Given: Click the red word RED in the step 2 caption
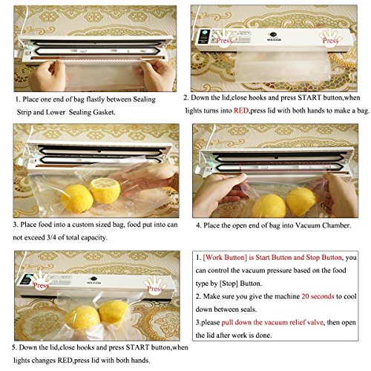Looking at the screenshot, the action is (x=241, y=111).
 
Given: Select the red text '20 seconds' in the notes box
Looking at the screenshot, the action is (x=318, y=296).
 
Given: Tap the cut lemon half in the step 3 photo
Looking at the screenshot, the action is (x=105, y=191).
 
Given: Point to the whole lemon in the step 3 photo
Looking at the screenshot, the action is (x=77, y=199).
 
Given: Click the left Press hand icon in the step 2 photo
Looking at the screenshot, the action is (x=224, y=37).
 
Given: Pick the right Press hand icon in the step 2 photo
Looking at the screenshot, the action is (x=331, y=37).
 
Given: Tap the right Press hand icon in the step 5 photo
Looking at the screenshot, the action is (x=155, y=286).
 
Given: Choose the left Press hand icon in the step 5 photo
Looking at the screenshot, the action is (x=41, y=282).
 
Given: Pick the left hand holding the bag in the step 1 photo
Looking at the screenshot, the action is (x=47, y=75).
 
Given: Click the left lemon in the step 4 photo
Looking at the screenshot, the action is (x=269, y=206).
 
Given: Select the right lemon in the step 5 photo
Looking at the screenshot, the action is (x=114, y=312).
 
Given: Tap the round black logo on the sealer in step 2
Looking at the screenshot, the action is (x=273, y=34).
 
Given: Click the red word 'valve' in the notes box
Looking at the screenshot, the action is (x=315, y=322).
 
